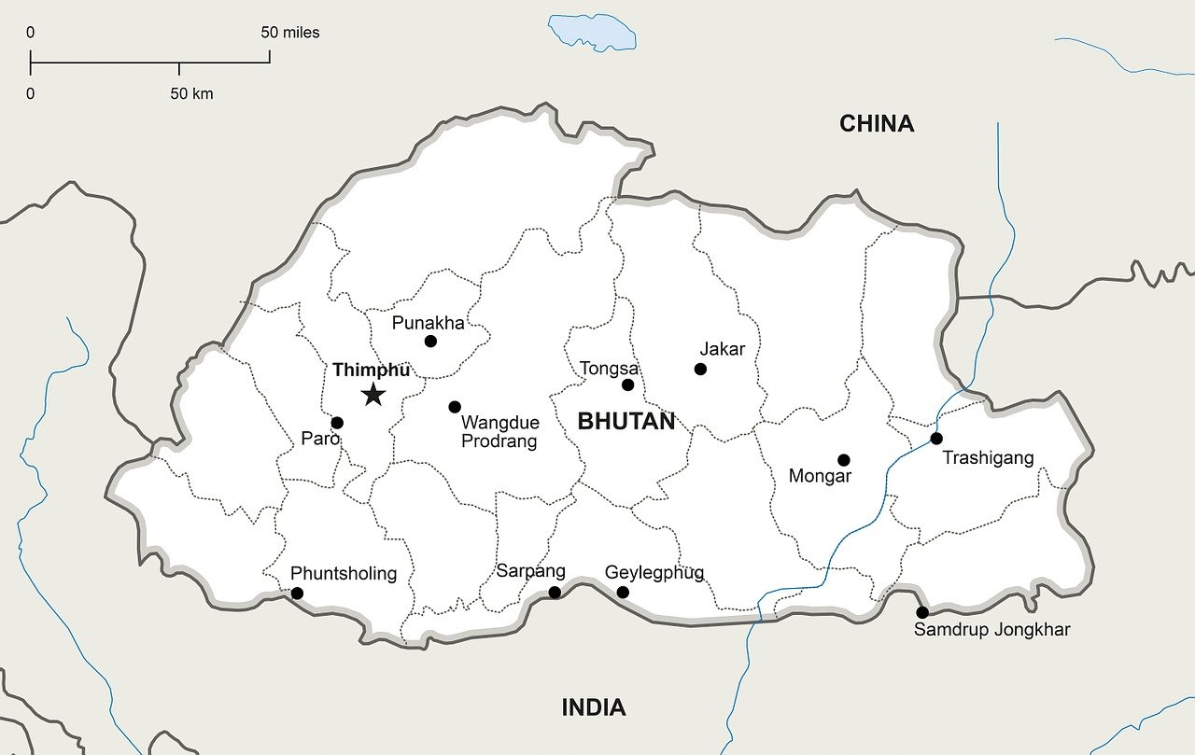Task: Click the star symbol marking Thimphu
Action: [x=373, y=395]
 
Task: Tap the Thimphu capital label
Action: [x=371, y=370]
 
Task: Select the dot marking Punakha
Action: [x=430, y=342]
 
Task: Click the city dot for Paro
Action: [x=337, y=423]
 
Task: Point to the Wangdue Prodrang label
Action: [x=499, y=432]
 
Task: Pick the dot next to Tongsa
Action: [x=627, y=384]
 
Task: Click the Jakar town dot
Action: [x=700, y=370]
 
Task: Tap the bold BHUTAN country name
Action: [x=626, y=421]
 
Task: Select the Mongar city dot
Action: [x=844, y=460]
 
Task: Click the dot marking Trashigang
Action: [x=936, y=439]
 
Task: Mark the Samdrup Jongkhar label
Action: [x=991, y=630]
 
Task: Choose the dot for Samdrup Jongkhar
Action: [x=922, y=612]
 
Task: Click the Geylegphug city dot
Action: [x=623, y=593]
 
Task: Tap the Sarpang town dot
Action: [x=555, y=593]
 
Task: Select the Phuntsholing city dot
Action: [x=297, y=594]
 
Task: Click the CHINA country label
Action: [x=876, y=123]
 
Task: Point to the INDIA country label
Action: [x=593, y=707]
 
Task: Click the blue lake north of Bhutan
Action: [x=593, y=31]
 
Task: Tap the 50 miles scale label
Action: [x=289, y=33]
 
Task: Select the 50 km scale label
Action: [x=191, y=93]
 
